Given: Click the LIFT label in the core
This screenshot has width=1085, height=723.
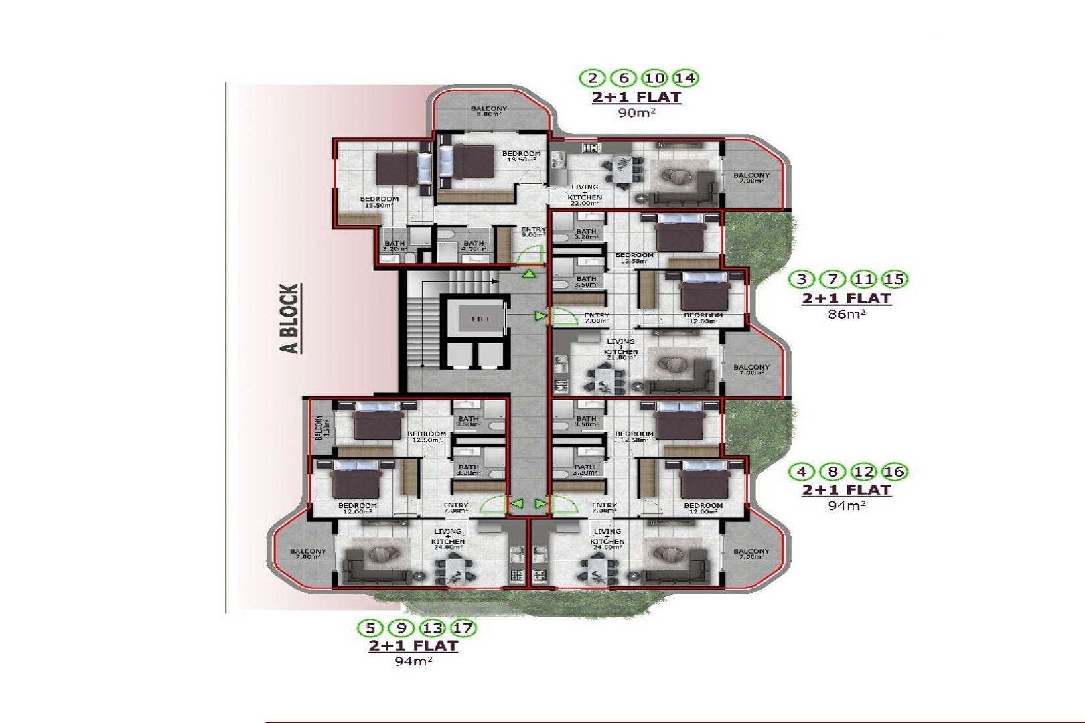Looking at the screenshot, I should pyautogui.click(x=480, y=319).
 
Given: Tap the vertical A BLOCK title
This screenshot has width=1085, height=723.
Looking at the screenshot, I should pyautogui.click(x=289, y=319).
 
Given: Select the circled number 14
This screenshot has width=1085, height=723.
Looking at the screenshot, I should pyautogui.click(x=684, y=78).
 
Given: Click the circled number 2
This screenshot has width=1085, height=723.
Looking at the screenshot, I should pyautogui.click(x=592, y=78).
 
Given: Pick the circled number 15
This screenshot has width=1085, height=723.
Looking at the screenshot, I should pyautogui.click(x=894, y=279).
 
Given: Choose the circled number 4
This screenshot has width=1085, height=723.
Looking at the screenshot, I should pyautogui.click(x=802, y=471).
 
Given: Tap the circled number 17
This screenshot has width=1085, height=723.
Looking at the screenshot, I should pyautogui.click(x=463, y=628).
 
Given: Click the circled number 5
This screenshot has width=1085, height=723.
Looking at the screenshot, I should pyautogui.click(x=370, y=628).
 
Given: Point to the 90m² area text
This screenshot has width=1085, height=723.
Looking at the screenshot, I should pyautogui.click(x=636, y=113).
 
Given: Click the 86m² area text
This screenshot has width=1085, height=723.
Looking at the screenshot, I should pyautogui.click(x=847, y=313).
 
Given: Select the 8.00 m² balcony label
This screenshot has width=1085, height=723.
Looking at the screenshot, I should pyautogui.click(x=488, y=111).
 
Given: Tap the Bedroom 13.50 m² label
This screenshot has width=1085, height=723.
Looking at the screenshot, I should pyautogui.click(x=521, y=157).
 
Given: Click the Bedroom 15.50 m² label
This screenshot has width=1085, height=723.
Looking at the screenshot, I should pyautogui.click(x=379, y=202).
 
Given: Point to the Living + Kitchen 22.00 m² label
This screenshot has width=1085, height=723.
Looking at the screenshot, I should pyautogui.click(x=584, y=193).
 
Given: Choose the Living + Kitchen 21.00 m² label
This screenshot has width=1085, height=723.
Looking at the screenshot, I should pyautogui.click(x=621, y=349).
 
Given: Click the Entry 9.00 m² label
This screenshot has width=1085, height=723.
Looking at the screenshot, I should pyautogui.click(x=533, y=232).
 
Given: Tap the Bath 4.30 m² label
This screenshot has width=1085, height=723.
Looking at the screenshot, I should pyautogui.click(x=474, y=246).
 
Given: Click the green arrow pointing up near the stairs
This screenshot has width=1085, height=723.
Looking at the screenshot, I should pyautogui.click(x=529, y=273).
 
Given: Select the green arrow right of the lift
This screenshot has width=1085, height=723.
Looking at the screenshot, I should pyautogui.click(x=540, y=315).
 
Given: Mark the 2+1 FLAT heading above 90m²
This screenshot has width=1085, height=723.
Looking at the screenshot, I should pyautogui.click(x=636, y=97).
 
